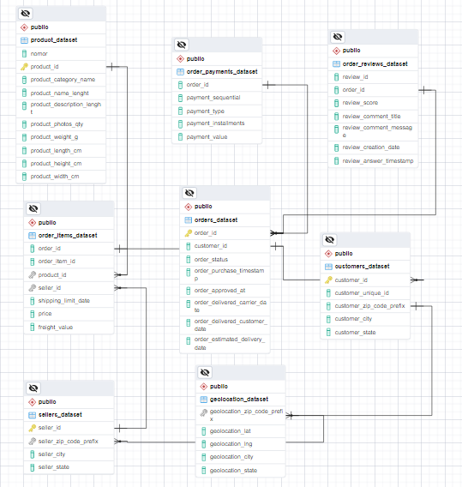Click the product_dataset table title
[53, 39]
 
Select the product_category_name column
[63, 79]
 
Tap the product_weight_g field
[54, 136]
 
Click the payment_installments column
[215, 123]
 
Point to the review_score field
[360, 103]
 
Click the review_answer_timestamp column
[377, 160]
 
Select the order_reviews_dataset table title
[375, 63]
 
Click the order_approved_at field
[220, 291]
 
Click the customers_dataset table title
[362, 267]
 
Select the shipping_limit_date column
[63, 301]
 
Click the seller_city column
[52, 454]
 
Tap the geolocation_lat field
[229, 431]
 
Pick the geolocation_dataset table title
[238, 399]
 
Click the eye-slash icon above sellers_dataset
[33, 388]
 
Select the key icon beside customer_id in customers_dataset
[328, 280]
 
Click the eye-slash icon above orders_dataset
[189, 194]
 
